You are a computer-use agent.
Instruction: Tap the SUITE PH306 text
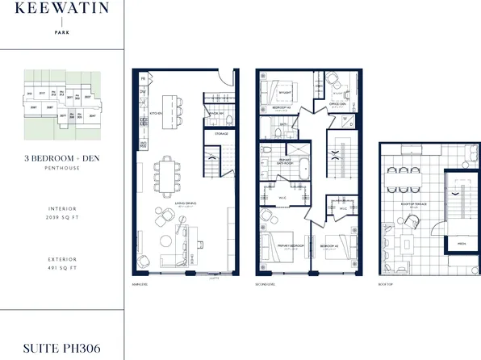pos(61,349)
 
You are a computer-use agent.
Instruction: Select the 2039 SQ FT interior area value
pos(61,218)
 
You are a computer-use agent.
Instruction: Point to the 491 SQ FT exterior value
pos(61,268)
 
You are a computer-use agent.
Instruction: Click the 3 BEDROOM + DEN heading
pos(61,160)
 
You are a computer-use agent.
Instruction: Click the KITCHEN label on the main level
pos(155,114)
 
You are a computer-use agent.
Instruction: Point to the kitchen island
pos(169,107)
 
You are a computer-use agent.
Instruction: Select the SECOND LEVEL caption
pos(266,283)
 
